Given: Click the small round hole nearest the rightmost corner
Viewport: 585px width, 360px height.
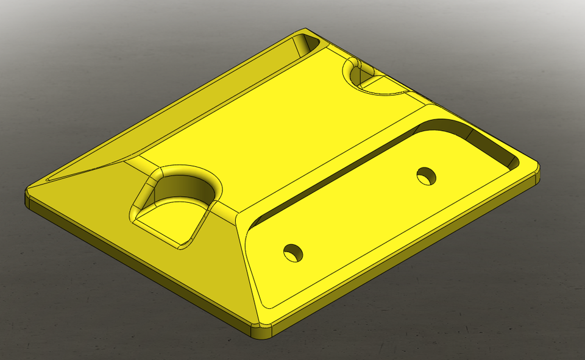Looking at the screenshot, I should (427, 176).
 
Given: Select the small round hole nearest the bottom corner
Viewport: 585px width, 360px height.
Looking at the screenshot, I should (293, 252).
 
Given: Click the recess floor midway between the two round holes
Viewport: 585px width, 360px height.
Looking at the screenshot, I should (360, 213).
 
